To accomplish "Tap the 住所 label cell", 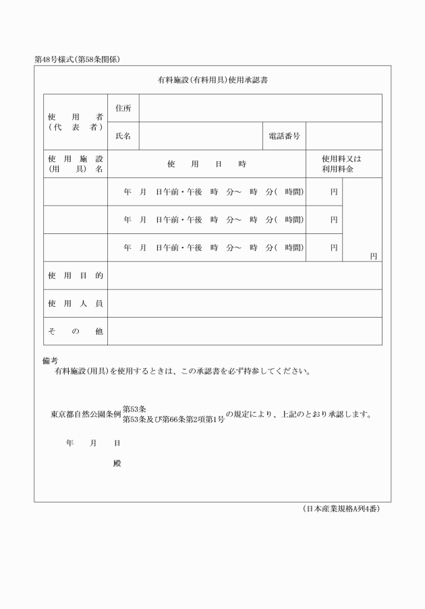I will point(123,108).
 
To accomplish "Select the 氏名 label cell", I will point(123,136).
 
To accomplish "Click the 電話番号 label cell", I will point(284,136).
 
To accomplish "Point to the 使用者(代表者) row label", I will point(75,121).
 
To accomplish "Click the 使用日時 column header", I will point(206,164).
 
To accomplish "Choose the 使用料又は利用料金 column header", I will point(343,164).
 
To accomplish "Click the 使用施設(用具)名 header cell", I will point(75,164).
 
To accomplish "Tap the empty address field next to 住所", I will point(260,108).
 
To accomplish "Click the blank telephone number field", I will point(344,136).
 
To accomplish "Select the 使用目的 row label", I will point(75,275).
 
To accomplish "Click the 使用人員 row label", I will point(75,303).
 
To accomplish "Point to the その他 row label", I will point(75,331).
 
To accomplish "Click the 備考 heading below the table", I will point(51,361).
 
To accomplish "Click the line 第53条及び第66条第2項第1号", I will point(173,419).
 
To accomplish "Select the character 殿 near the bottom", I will point(117,464).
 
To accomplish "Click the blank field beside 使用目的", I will point(244,275).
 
